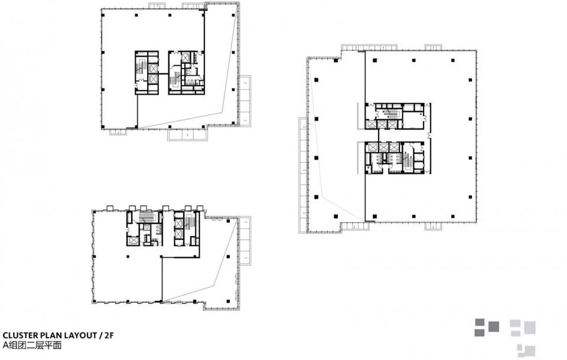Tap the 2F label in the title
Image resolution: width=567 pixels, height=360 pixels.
point(109,335)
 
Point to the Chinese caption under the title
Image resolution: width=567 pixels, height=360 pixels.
point(32,345)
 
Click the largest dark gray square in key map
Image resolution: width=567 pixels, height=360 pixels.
point(494,327)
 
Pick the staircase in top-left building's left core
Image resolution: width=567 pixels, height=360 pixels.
point(141,67)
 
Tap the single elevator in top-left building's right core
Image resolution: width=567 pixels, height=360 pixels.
point(186,57)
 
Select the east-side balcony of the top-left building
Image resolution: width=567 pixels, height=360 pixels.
point(245,100)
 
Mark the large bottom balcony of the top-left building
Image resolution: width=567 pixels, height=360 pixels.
point(188,135)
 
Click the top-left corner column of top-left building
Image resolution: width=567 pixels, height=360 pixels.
point(103,15)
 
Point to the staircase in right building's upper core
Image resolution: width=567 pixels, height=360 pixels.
point(390,114)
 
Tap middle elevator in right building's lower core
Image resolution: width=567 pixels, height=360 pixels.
point(383,147)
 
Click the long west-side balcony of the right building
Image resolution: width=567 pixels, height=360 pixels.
point(303,175)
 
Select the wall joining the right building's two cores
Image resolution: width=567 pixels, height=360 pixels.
point(378,135)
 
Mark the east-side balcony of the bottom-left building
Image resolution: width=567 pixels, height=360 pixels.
point(245,241)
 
